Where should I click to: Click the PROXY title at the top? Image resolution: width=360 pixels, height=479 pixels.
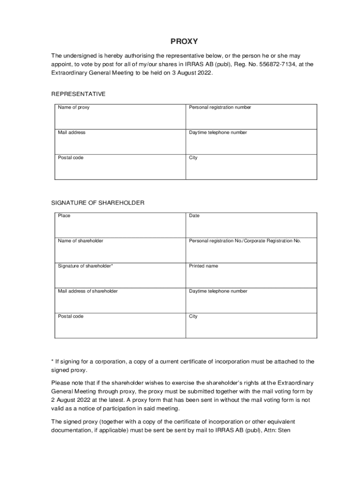point(184,41)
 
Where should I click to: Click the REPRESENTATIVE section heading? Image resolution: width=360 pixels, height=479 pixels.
point(78,94)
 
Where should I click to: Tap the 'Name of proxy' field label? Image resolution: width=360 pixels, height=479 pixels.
point(73,108)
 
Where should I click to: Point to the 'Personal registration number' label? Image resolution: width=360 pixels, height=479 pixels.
point(220,108)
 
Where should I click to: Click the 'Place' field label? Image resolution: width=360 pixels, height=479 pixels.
point(64,216)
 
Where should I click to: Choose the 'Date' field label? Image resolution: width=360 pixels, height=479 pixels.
point(194,216)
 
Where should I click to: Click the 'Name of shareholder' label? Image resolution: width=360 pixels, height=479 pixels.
point(80,241)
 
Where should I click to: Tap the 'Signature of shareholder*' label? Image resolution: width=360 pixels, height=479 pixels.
point(86,266)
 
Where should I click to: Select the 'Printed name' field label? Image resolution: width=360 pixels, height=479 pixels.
point(203,266)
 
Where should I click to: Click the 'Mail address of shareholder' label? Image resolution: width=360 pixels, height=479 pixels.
point(88,291)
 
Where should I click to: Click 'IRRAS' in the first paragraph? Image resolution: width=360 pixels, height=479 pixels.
point(193,64)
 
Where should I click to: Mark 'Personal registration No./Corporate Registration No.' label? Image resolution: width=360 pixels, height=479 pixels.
point(245,241)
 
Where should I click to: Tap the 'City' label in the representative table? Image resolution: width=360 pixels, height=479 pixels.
point(193,158)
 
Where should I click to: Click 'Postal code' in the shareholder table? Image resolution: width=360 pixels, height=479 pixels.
point(71,317)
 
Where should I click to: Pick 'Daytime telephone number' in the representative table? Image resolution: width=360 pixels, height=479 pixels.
point(218,133)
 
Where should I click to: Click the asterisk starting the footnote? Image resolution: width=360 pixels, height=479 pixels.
point(52,361)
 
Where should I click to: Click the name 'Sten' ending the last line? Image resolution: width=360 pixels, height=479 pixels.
point(285,430)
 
